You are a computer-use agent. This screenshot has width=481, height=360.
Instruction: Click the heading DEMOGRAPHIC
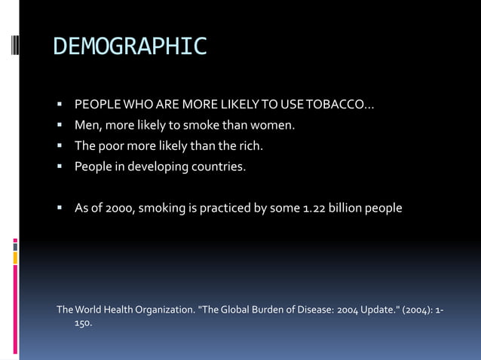tap(130, 47)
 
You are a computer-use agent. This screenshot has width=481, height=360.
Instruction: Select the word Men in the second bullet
tap(86, 125)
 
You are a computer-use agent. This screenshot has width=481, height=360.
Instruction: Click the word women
tap(274, 125)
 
